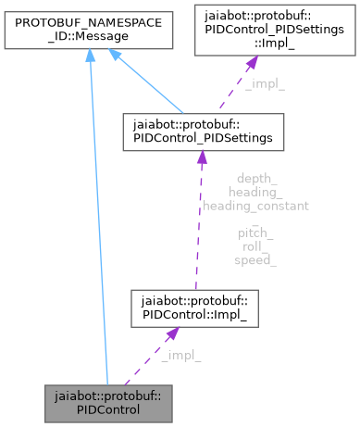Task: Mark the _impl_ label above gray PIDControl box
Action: click(180, 355)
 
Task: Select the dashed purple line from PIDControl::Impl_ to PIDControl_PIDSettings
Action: click(197, 232)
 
